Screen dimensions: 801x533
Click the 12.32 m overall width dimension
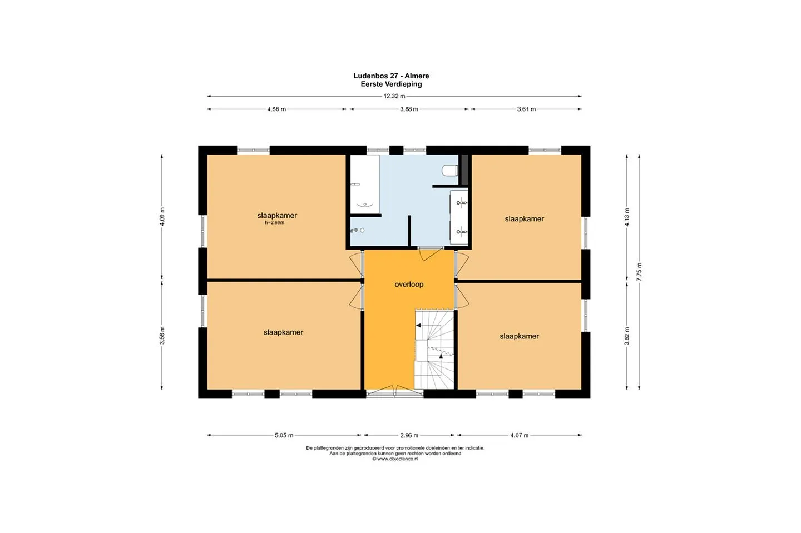394,96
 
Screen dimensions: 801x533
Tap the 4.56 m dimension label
276,109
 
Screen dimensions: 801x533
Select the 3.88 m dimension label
409,109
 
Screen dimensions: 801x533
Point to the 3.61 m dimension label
526,109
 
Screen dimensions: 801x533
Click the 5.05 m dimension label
284,435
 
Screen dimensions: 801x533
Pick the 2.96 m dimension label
409,435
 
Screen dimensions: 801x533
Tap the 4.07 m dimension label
519,435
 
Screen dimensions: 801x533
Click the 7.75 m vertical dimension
639,271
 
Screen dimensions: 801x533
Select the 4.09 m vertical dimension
162,217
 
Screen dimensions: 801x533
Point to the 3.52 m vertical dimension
627,336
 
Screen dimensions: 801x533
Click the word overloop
409,285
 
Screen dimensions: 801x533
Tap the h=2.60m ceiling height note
275,222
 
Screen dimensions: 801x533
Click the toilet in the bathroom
450,171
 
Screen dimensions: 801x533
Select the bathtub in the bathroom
365,184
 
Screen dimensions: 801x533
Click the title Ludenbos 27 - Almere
391,76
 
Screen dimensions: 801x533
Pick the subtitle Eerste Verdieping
391,84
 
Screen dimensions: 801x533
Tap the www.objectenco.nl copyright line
395,459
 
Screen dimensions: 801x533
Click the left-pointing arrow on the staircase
418,326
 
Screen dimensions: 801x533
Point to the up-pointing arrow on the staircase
441,356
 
